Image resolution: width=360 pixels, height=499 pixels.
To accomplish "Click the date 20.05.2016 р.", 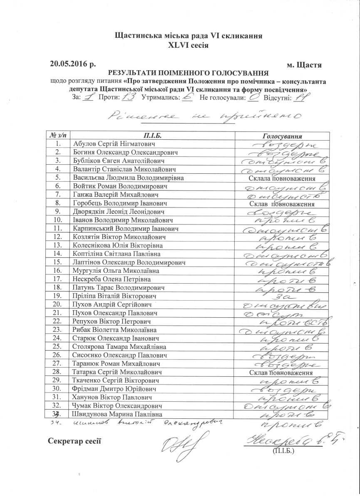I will point(73,64).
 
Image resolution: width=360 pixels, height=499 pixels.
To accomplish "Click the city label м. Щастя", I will point(304,65).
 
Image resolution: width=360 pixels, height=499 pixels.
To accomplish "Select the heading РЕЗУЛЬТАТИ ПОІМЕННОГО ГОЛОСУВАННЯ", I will point(188,72).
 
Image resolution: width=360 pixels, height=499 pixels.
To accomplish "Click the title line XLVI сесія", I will point(188,45).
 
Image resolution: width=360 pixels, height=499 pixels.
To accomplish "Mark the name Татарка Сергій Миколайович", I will point(117,372).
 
